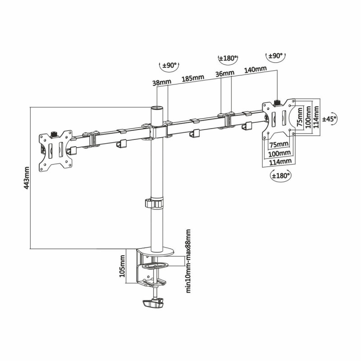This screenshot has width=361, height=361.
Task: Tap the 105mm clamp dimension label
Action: pyautogui.click(x=122, y=266)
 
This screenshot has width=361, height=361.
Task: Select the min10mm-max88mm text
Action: pyautogui.click(x=189, y=262)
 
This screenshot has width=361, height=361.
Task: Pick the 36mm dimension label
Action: pyautogui.click(x=224, y=74)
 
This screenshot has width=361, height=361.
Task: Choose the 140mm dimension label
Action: pyautogui.click(x=255, y=70)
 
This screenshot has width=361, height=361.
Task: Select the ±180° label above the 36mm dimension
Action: pyautogui.click(x=227, y=59)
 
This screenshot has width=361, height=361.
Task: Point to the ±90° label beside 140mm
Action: pyautogui.click(x=276, y=56)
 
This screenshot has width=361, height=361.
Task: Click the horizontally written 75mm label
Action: pyautogui.click(x=279, y=144)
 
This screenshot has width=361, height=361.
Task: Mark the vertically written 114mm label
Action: pyautogui.click(x=317, y=116)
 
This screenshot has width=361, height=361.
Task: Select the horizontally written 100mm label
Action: pyautogui.click(x=280, y=153)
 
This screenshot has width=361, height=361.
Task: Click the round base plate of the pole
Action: pyautogui.click(x=156, y=250)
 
